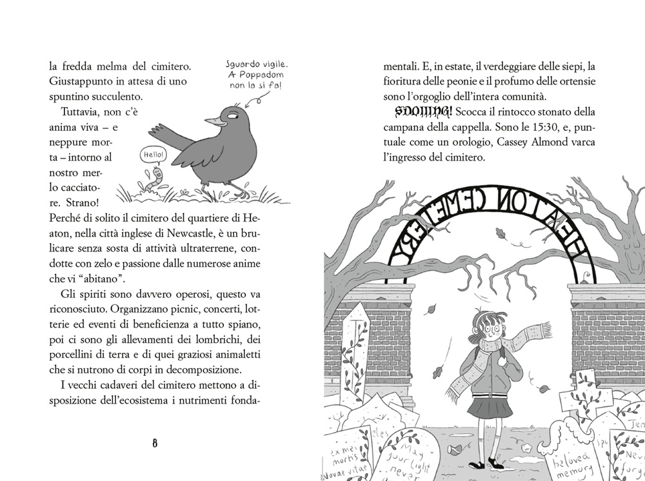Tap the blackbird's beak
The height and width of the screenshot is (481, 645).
(212, 120)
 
